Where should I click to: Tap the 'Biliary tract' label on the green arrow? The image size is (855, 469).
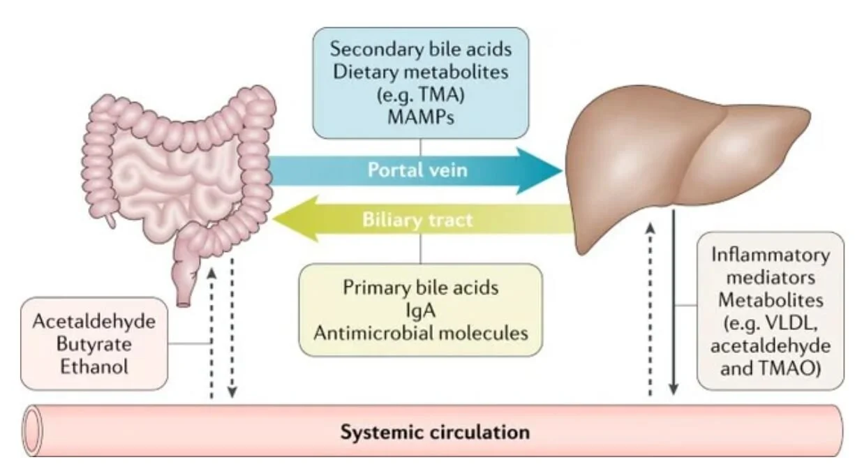(x=417, y=220)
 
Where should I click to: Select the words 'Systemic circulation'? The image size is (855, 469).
(x=435, y=432)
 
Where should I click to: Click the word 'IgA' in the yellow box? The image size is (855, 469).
(x=420, y=309)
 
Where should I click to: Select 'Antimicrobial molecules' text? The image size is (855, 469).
(x=420, y=332)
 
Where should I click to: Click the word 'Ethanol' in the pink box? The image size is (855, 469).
(x=94, y=366)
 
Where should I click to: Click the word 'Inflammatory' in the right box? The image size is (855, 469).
(x=771, y=255)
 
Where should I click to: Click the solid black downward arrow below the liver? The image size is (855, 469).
(x=674, y=314)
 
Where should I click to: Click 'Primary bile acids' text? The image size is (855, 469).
(x=420, y=288)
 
